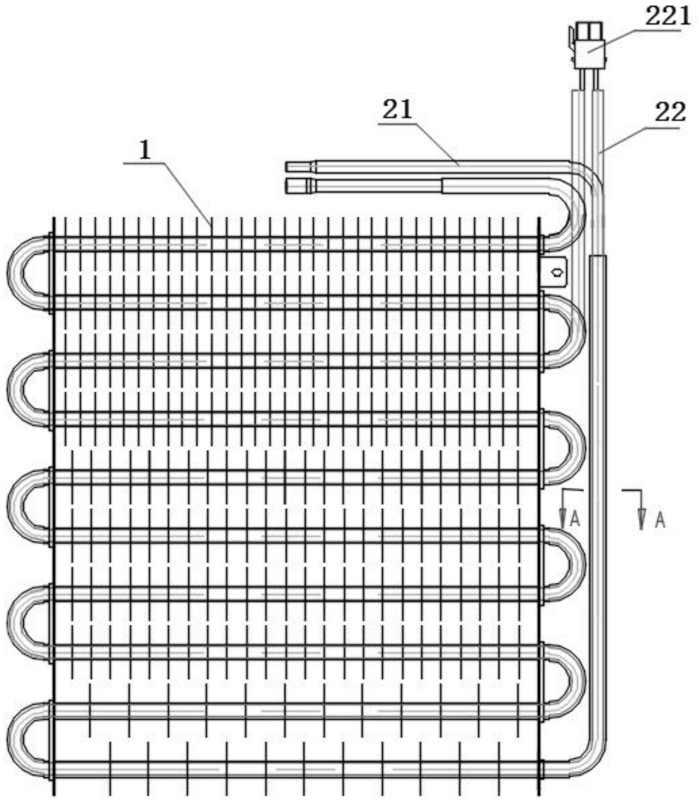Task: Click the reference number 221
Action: tap(667, 16)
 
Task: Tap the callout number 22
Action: tap(670, 113)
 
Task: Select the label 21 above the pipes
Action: tap(397, 109)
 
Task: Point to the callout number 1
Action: tap(145, 150)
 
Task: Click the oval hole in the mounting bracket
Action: tap(557, 272)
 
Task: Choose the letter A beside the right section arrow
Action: tap(660, 519)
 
